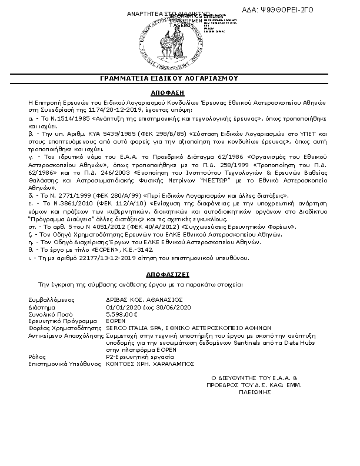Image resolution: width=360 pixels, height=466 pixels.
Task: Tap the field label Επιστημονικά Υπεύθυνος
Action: tap(63, 364)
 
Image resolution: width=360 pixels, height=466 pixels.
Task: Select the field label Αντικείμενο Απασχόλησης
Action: tap(65, 335)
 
